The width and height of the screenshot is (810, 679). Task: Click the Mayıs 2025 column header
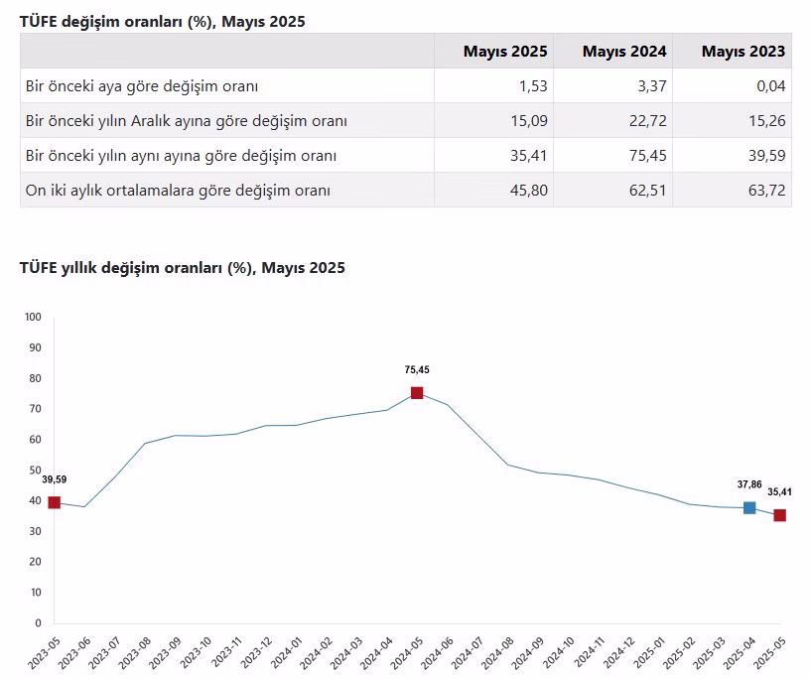504,52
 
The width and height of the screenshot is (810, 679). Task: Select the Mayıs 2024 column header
624,52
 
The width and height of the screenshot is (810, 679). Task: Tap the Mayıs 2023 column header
742,52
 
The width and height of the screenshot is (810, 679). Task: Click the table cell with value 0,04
768,86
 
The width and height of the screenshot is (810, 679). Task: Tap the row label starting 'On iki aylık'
179,191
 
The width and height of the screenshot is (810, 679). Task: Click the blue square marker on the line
749,508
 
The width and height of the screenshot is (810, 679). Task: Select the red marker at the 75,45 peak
417,393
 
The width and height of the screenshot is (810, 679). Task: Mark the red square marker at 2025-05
780,515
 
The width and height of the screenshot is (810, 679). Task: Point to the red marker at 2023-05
55,502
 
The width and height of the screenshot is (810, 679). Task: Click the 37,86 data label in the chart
749,483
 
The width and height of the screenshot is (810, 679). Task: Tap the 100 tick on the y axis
32,318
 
